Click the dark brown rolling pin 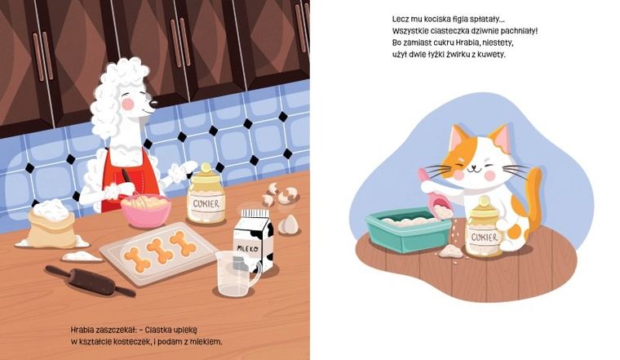[x=90, y=282]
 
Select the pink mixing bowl [x=146, y=211]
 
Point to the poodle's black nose [x=153, y=104]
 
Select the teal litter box [x=409, y=231]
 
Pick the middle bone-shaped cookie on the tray [x=160, y=250]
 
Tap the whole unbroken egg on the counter [x=289, y=224]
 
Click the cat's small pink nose [x=473, y=165]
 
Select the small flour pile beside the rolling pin [x=82, y=257]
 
